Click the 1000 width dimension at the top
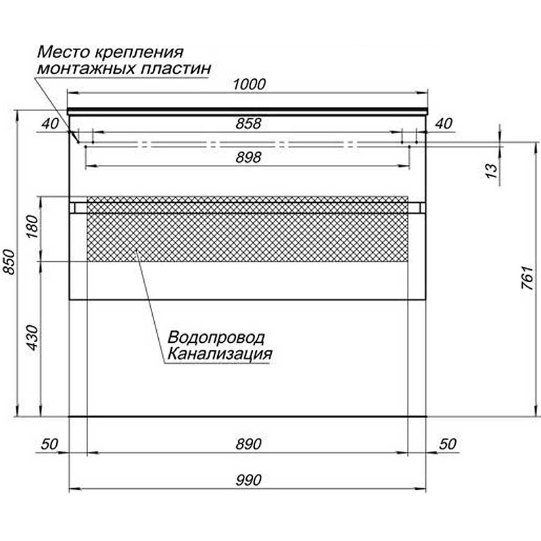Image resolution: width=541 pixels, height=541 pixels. click(x=249, y=85)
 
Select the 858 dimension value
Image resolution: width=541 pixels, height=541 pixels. click(x=248, y=124)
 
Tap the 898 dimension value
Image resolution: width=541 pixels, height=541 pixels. click(x=248, y=158)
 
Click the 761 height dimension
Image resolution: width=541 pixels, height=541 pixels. click(x=527, y=277)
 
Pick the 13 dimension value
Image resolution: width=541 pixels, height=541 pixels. click(x=492, y=170)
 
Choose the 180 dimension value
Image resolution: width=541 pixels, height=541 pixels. click(x=32, y=227)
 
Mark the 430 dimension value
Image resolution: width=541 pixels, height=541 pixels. click(x=32, y=337)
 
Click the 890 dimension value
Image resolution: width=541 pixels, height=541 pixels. click(x=248, y=444)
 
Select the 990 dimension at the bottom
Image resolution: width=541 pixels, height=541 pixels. click(x=248, y=480)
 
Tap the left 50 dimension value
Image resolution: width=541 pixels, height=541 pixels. click(x=49, y=444)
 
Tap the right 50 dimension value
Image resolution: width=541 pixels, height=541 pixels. click(x=448, y=444)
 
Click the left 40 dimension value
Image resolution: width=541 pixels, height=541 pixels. click(x=50, y=124)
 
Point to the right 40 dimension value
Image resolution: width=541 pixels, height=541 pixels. click(x=444, y=124)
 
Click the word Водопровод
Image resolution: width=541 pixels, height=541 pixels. click(x=216, y=337)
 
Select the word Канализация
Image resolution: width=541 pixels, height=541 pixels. click(x=220, y=354)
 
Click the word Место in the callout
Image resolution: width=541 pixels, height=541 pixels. click(x=62, y=53)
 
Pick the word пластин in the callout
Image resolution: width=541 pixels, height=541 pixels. click(x=176, y=68)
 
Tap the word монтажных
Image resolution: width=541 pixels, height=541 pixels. click(x=87, y=68)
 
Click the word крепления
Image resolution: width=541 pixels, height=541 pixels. click(x=138, y=53)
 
